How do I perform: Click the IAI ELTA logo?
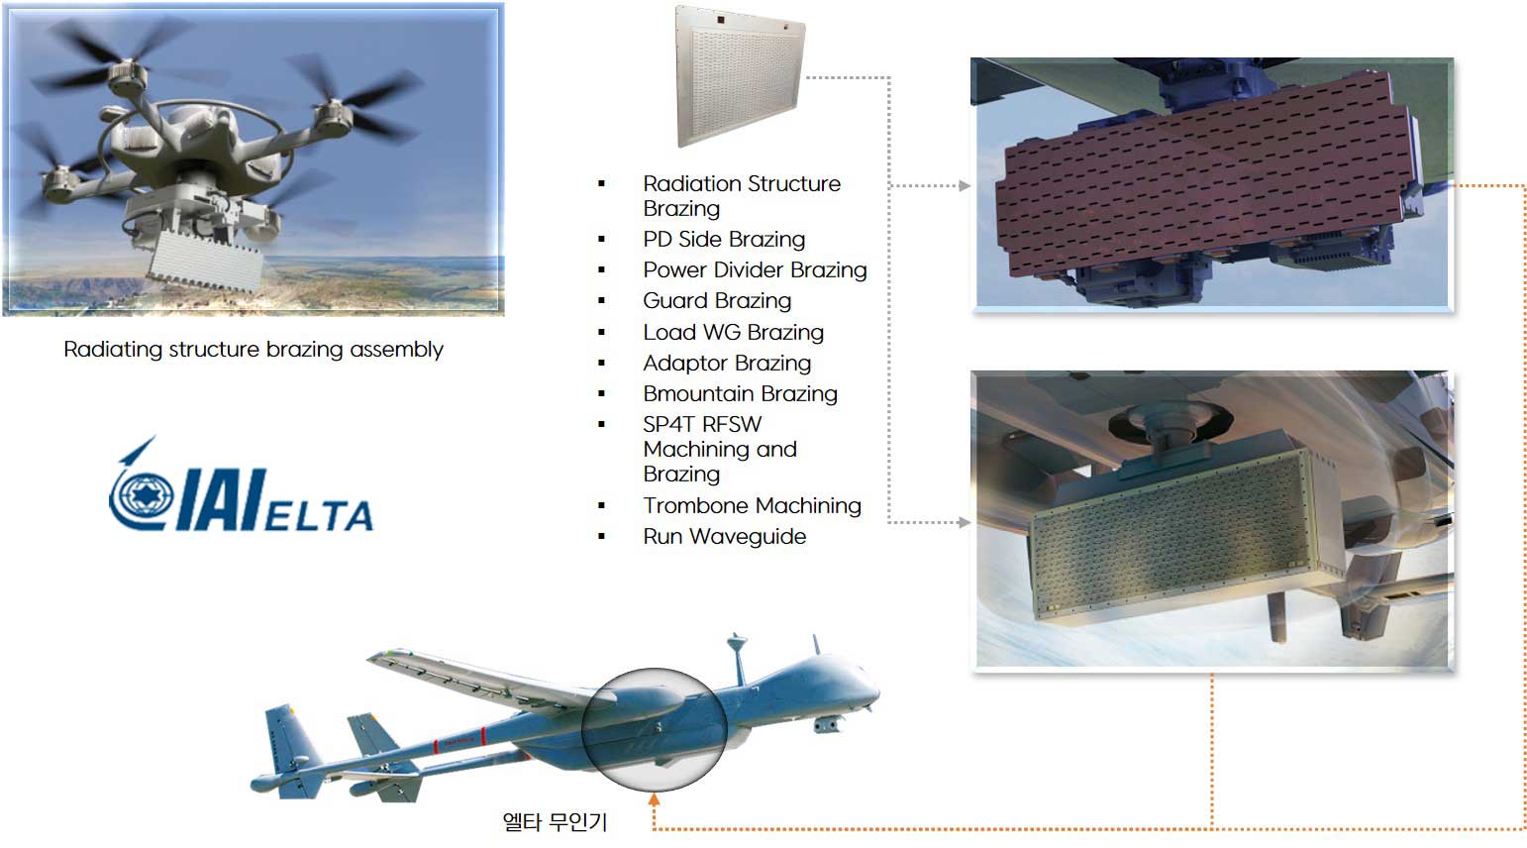[241, 484]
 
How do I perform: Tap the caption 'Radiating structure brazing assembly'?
[254, 350]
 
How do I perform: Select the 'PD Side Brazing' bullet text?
[724, 240]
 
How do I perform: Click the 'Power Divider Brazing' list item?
[755, 270]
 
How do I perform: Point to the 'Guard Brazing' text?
[717, 301]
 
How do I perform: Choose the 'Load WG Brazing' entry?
[734, 332]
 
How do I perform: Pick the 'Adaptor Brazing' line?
[727, 363]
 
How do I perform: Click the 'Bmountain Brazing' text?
[741, 393]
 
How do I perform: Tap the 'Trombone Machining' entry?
[752, 505]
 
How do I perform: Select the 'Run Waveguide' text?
[725, 536]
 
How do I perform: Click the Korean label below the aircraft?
[555, 821]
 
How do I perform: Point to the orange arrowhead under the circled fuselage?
[654, 799]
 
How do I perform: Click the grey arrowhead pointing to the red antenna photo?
[964, 185]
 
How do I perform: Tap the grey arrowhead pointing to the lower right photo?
[964, 523]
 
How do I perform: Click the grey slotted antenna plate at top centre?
[741, 76]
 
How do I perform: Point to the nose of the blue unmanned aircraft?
[876, 692]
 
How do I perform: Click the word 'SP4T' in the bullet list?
[670, 424]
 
